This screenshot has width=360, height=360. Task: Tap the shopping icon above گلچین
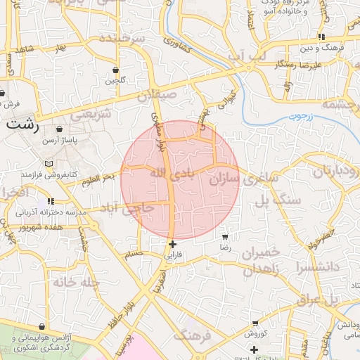[x=115, y=70]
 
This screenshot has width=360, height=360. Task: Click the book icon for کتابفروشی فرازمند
[x=49, y=164]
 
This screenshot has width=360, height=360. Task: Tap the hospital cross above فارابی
[x=172, y=244]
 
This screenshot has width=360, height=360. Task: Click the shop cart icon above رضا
[x=224, y=236]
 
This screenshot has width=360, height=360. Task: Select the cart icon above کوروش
[x=255, y=323]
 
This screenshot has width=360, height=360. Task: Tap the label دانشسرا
[x=318, y=268]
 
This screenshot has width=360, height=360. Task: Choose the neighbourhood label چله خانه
[x=67, y=283]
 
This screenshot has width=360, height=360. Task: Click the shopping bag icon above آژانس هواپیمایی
[x=44, y=327]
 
